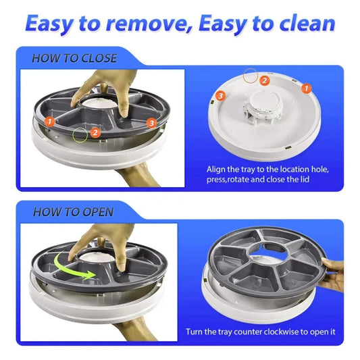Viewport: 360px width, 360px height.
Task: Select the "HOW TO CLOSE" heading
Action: tap(74, 58)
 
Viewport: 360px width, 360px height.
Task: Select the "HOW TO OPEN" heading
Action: tap(72, 212)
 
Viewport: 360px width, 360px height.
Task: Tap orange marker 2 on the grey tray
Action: tap(96, 132)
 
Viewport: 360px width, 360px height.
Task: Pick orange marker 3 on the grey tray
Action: tap(151, 122)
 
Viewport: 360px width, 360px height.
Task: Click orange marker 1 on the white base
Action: tap(306, 88)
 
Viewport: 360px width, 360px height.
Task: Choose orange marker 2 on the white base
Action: tap(265, 80)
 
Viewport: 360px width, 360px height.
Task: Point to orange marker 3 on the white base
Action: tap(220, 97)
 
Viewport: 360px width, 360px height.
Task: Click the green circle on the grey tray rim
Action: tap(80, 134)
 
